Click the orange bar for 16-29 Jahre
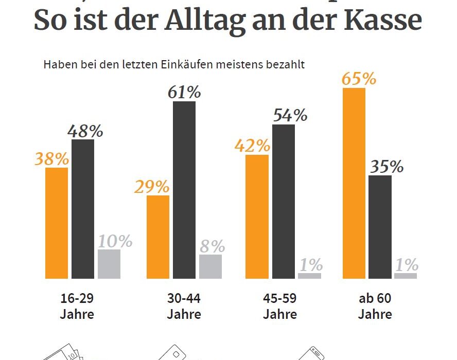click(x=57, y=223)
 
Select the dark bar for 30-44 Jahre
click(x=184, y=190)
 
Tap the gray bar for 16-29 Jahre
click(x=109, y=264)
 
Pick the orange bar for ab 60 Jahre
click(x=354, y=183)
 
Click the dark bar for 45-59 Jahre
click(x=284, y=201)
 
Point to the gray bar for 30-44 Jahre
click(x=210, y=266)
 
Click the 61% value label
click(x=184, y=93)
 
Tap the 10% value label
click(x=115, y=241)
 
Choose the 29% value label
click(x=151, y=186)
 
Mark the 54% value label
click(x=290, y=115)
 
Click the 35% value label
click(x=386, y=167)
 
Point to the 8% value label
click(x=212, y=246)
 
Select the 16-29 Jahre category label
click(x=77, y=306)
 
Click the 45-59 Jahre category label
click(x=280, y=306)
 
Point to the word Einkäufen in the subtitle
click(x=202, y=65)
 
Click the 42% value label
click(x=252, y=146)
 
